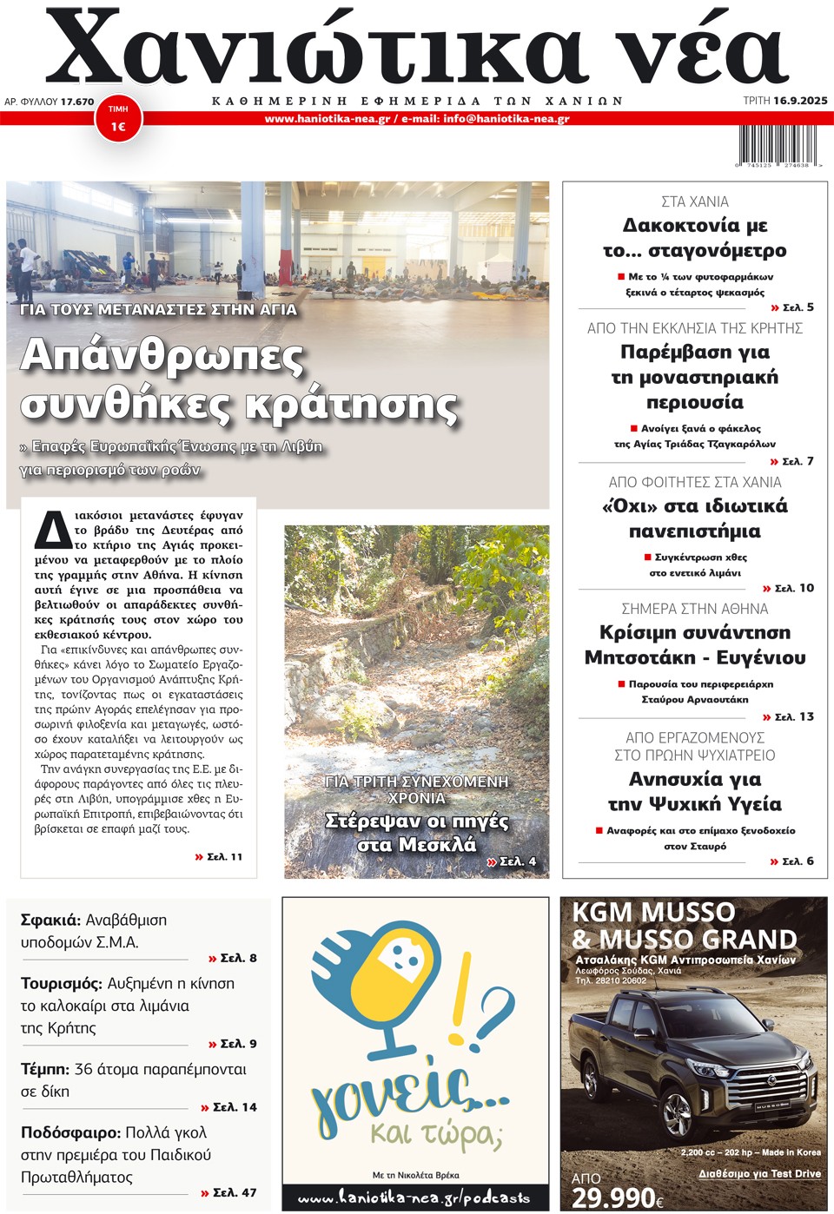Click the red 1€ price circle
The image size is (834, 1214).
click(x=118, y=120)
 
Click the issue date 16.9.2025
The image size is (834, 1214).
click(x=800, y=101)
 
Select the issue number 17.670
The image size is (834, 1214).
click(x=77, y=102)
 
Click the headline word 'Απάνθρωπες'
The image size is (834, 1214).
click(x=162, y=356)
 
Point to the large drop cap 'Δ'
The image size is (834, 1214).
click(x=52, y=531)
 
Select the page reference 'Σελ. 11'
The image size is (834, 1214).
click(x=224, y=857)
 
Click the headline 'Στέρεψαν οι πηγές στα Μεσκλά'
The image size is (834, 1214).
click(x=417, y=832)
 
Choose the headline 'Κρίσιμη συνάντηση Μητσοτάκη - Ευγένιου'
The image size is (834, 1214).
click(x=695, y=645)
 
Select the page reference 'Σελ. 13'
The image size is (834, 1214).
click(x=793, y=716)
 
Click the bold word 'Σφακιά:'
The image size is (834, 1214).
click(x=50, y=920)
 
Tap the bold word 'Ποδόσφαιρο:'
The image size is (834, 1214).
click(x=70, y=1132)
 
